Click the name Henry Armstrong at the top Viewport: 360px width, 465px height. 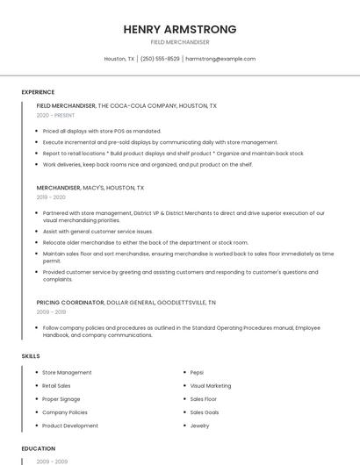coord(180,29)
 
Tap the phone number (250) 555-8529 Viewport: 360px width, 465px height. coord(160,59)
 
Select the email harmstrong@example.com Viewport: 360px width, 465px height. coord(220,59)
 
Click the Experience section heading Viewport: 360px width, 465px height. coord(38,92)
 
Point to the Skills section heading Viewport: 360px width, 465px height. coord(31,356)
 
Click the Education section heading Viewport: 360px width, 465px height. coord(38,448)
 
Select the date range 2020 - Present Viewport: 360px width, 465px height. coord(55,116)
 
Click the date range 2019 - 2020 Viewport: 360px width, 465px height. coord(51,197)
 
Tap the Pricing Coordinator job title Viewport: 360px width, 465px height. coord(70,303)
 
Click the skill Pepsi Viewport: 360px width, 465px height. coord(197,372)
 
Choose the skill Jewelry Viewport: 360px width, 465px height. coord(199,426)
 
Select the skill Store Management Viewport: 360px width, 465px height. coord(67,372)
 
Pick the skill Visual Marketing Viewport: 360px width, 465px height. coord(211,385)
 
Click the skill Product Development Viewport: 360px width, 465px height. coord(70,426)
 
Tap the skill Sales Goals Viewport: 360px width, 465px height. coord(205,412)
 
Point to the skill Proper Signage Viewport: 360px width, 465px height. coord(61,399)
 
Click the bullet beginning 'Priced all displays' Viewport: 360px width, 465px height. coord(101,131)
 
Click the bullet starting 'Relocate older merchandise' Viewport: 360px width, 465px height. coord(145,242)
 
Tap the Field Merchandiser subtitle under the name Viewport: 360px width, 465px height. coord(180,42)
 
